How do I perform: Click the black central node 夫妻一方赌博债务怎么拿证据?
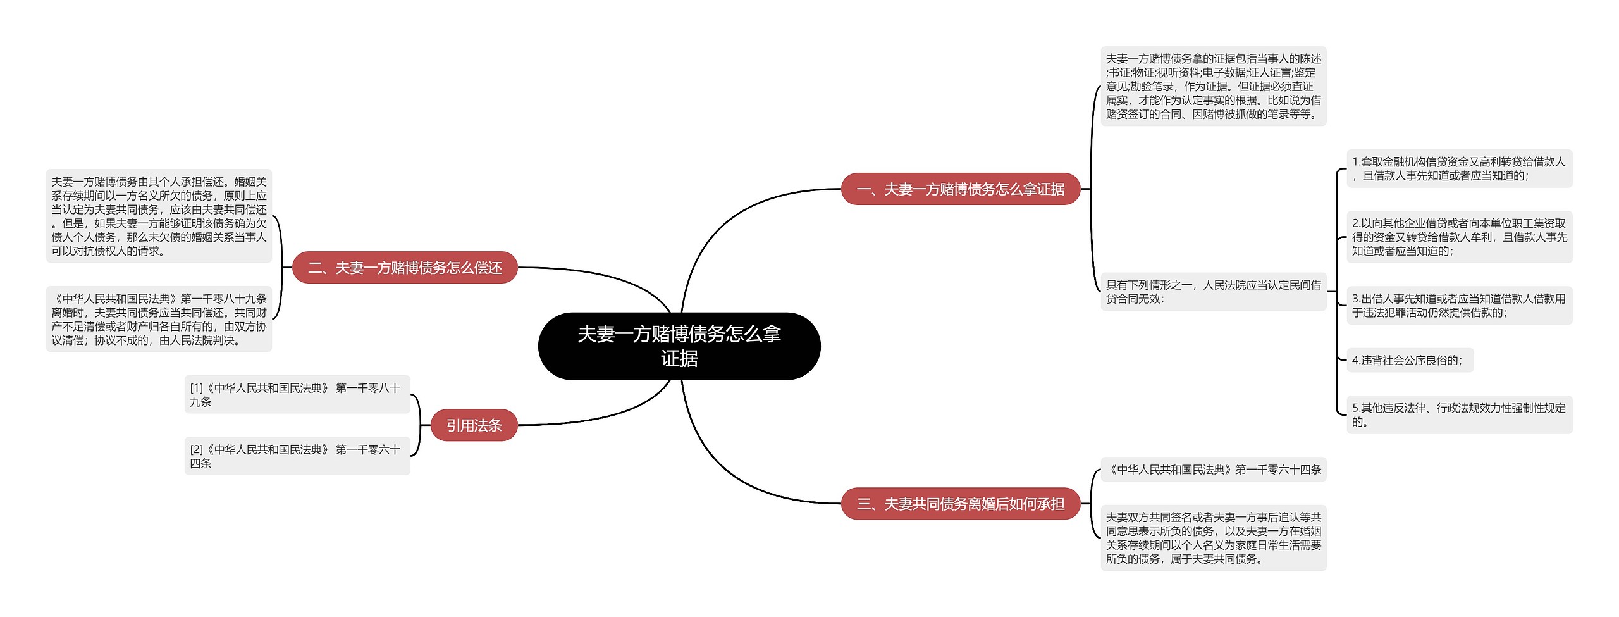(x=679, y=346)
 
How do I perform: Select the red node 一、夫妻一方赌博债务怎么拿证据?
(x=960, y=189)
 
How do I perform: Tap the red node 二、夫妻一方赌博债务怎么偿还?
(x=405, y=268)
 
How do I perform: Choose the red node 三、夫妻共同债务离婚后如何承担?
(x=960, y=504)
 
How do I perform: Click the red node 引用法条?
(x=474, y=425)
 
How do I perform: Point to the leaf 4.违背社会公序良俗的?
(x=1408, y=360)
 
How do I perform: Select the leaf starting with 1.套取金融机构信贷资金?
(x=1458, y=169)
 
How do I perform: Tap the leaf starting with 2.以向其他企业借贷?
(x=1458, y=237)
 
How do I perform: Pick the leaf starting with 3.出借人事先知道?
(x=1458, y=306)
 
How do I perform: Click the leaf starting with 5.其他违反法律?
(x=1458, y=415)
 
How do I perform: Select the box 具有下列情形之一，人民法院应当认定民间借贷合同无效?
(x=1213, y=292)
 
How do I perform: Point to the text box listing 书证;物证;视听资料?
(x=1213, y=86)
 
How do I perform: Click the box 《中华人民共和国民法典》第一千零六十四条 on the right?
(x=1213, y=470)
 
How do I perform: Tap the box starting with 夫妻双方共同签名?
(x=1213, y=538)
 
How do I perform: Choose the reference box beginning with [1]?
(x=297, y=394)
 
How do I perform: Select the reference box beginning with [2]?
(x=297, y=456)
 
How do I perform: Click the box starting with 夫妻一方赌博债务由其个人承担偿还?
(x=159, y=216)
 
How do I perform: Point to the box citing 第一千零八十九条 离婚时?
(x=159, y=319)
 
